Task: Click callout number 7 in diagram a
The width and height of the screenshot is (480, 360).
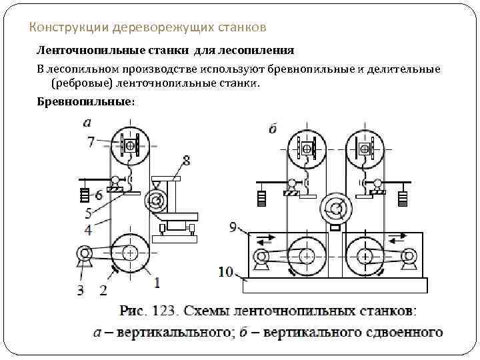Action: [91, 141]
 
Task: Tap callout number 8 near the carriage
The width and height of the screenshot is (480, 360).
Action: [185, 161]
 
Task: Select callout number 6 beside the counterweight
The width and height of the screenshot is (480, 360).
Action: [98, 195]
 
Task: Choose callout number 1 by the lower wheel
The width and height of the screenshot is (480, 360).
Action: [157, 283]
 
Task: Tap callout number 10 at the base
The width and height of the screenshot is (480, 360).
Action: [226, 271]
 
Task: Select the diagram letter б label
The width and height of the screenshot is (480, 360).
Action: [273, 129]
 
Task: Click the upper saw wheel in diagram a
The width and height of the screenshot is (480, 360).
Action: [130, 146]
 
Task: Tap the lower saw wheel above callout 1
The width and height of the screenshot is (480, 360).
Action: [131, 253]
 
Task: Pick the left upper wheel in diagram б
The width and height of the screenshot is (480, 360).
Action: [307, 150]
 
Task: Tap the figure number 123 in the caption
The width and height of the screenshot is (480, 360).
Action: [161, 311]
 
